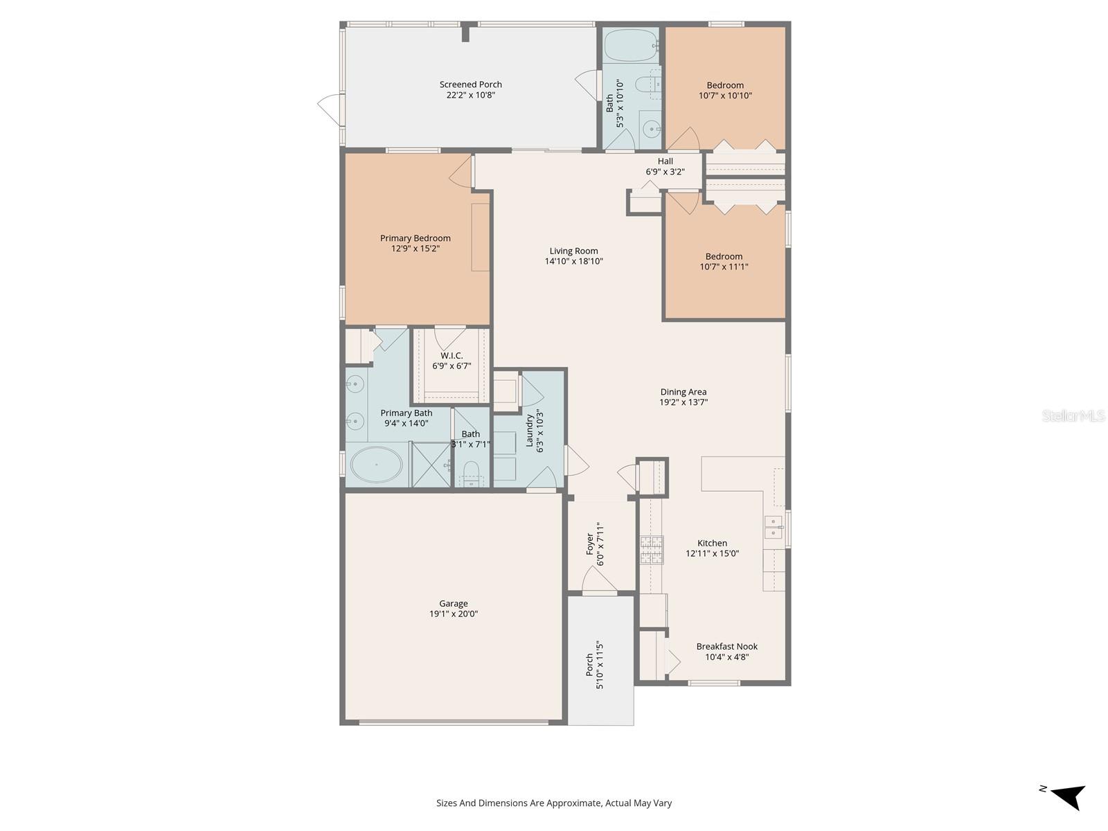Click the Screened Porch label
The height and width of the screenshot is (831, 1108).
[x=470, y=84]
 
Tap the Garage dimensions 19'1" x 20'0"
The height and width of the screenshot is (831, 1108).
[x=453, y=614]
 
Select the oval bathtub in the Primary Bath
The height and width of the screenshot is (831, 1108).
[x=376, y=464]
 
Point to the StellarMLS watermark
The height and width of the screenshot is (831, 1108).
[x=1073, y=415]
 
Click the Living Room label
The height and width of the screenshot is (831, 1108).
[x=573, y=251]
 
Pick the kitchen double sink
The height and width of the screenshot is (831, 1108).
[x=774, y=526]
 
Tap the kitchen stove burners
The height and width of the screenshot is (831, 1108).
[x=651, y=550]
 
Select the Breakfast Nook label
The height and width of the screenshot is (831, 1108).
[x=726, y=647]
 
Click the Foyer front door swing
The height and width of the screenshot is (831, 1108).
[x=599, y=582]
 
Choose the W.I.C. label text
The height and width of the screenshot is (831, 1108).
[x=452, y=356]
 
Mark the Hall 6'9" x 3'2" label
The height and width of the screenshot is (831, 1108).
[x=665, y=166]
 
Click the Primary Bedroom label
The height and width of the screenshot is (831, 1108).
[x=415, y=238]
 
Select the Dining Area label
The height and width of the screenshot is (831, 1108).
[x=683, y=392]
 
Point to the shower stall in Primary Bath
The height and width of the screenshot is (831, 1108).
[x=431, y=464]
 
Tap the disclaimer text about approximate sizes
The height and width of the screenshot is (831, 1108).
[x=553, y=803]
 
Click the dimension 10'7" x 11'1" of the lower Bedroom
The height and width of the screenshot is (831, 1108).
[x=724, y=267]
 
